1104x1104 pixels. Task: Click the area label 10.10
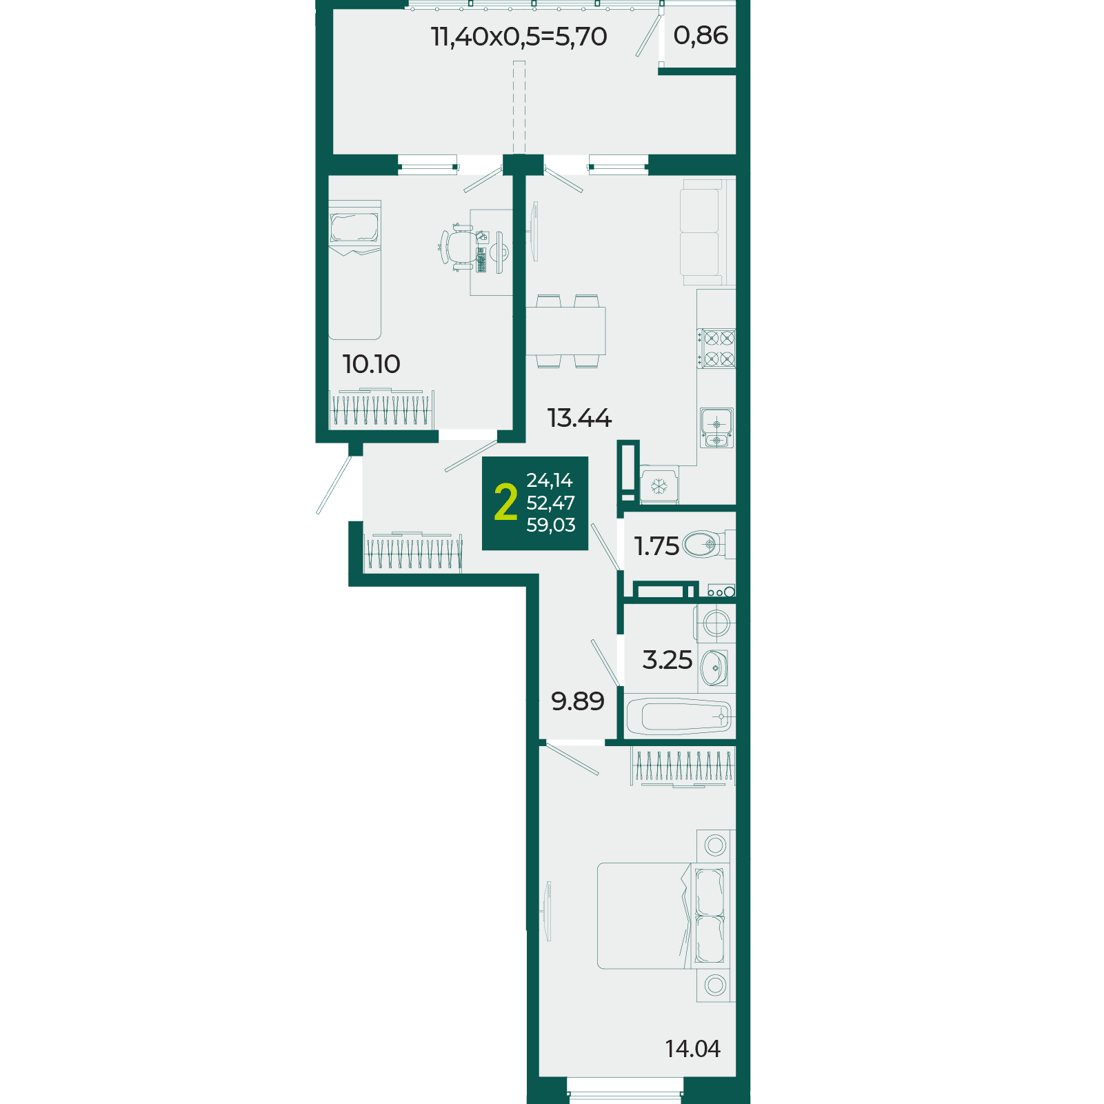371,364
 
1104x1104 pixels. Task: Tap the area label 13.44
579,418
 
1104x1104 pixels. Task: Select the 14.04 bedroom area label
692,1049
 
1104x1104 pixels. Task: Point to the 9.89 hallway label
578,701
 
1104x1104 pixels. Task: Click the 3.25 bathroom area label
667,660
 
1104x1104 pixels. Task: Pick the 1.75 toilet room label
656,546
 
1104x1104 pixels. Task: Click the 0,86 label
701,35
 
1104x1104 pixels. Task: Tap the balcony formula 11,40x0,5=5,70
519,37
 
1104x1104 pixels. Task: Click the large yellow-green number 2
505,502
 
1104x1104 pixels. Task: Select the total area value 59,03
550,525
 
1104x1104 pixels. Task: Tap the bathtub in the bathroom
679,716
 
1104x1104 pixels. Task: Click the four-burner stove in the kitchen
716,348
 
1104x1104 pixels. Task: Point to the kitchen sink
716,428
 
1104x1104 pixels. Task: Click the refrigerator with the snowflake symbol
659,485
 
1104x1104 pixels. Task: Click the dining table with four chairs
565,331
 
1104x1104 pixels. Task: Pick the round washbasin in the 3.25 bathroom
714,668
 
